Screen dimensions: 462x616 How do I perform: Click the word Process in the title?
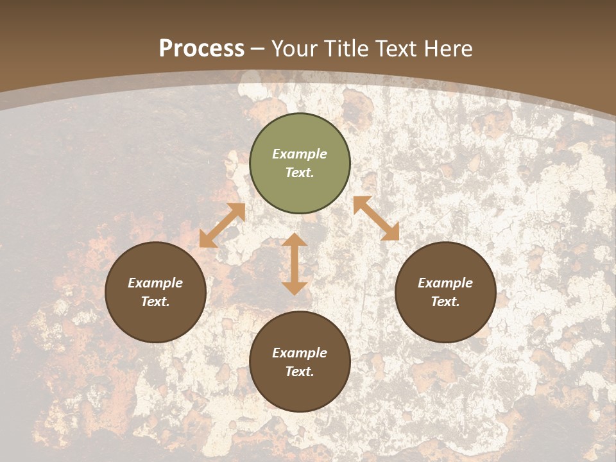click(201, 49)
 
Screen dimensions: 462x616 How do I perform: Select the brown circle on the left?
click(155, 321)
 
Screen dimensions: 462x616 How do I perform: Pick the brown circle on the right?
click(445, 321)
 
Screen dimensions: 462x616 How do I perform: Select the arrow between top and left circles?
click(222, 225)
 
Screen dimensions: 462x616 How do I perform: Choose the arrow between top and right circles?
click(376, 218)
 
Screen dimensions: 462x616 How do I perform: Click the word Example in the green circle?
click(300, 154)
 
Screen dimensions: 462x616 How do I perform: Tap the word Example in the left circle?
click(155, 283)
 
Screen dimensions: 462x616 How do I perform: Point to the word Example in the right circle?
click(445, 283)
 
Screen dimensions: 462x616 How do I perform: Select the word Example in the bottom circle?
click(300, 353)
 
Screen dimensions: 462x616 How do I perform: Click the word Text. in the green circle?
click(300, 173)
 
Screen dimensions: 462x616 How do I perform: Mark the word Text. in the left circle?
click(155, 302)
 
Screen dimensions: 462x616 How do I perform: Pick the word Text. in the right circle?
click(445, 302)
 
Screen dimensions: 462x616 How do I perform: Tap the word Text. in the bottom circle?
click(300, 372)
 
